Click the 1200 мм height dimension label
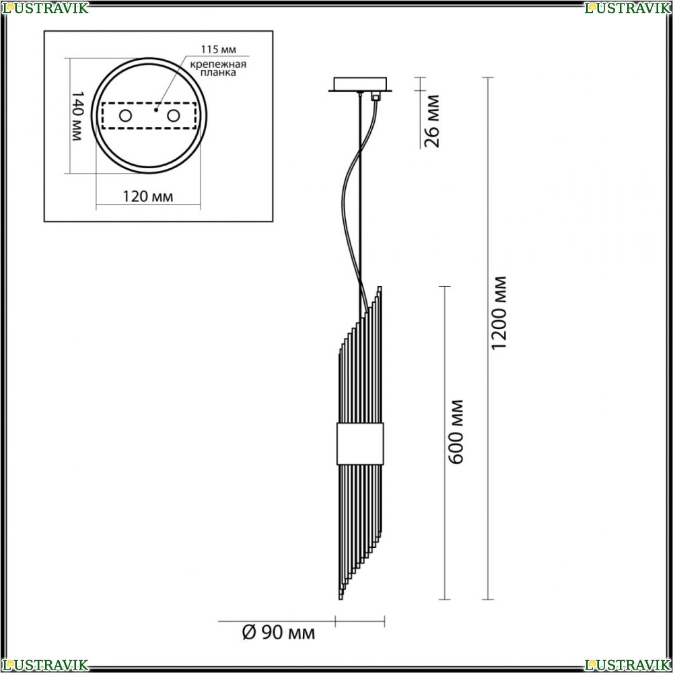coord(498,312)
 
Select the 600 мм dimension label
coord(456,432)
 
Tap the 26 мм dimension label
coord(432,121)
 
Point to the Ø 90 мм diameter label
coord(278,633)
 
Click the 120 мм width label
coord(147,197)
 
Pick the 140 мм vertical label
coord(77,116)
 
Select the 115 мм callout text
coord(219,50)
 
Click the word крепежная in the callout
coord(219,65)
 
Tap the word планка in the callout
coord(219,73)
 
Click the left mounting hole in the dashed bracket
coord(125,116)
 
